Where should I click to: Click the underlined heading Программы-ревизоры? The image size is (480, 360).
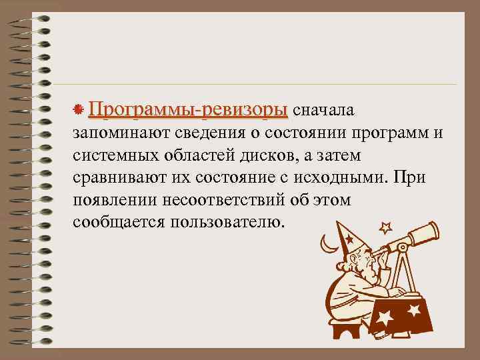pos(189,109)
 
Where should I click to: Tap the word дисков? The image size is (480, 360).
pos(263,155)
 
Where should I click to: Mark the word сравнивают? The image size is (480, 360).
pos(117,179)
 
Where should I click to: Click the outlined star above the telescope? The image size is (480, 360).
pos(385,227)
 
